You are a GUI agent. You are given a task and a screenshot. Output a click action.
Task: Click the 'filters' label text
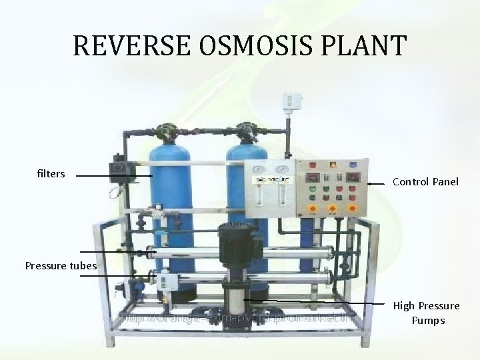pyautogui.click(x=51, y=174)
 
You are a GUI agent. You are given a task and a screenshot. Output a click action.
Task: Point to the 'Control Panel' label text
pyautogui.click(x=425, y=181)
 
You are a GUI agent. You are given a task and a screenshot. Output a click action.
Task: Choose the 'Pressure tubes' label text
pyautogui.click(x=61, y=266)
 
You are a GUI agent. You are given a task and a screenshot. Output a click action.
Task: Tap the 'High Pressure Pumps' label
pyautogui.click(x=426, y=313)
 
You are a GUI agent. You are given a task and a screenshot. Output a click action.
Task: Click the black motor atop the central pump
pyautogui.click(x=237, y=243)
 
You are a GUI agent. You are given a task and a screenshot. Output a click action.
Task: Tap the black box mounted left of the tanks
pyautogui.click(x=121, y=172)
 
